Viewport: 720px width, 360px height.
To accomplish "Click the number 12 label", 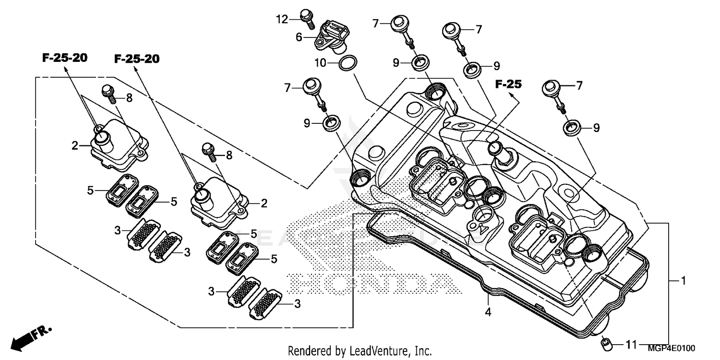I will pyautogui.click(x=282, y=19).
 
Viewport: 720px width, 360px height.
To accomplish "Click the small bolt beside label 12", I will pyautogui.click(x=305, y=17).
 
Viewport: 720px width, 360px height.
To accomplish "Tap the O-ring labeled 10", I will pyautogui.click(x=348, y=63).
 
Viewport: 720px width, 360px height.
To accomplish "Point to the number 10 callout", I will pyautogui.click(x=321, y=63).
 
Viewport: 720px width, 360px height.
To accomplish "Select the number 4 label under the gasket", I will pyautogui.click(x=488, y=312).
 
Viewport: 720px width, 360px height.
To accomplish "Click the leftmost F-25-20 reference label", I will pyautogui.click(x=65, y=58).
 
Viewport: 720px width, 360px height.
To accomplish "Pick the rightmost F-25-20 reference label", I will pyautogui.click(x=137, y=59).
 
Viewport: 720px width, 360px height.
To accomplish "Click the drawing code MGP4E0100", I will pyautogui.click(x=672, y=348).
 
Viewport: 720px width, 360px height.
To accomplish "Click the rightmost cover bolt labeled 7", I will pyautogui.click(x=552, y=90).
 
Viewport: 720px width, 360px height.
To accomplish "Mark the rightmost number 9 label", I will pyautogui.click(x=596, y=128).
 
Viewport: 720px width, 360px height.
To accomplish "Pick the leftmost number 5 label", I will pyautogui.click(x=90, y=191).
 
